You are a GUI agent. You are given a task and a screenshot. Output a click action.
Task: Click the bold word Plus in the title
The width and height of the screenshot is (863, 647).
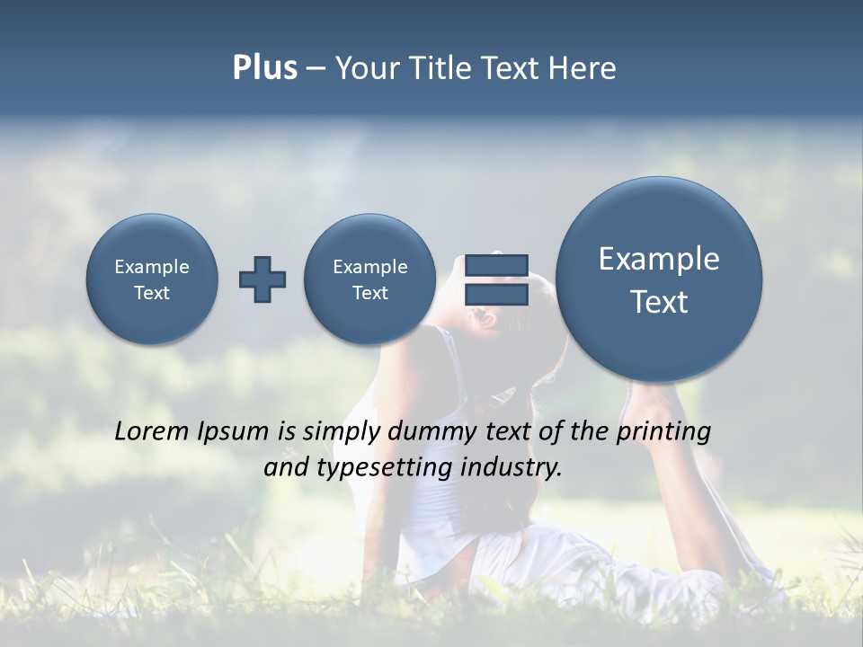tap(264, 68)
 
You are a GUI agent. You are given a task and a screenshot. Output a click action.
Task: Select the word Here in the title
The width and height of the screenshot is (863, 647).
tap(583, 68)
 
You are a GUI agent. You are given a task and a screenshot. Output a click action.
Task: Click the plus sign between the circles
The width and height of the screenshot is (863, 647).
tap(262, 279)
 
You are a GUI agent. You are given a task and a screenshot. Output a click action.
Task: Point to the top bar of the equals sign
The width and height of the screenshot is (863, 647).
tap(496, 265)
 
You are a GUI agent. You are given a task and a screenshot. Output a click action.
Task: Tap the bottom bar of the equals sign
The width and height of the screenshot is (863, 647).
tap(496, 295)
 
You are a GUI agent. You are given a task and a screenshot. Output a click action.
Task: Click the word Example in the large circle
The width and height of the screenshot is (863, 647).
tap(659, 259)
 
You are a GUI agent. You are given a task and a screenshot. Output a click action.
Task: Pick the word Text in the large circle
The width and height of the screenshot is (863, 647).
tap(659, 302)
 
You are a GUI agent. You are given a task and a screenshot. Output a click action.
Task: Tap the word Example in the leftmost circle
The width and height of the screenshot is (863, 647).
tap(152, 267)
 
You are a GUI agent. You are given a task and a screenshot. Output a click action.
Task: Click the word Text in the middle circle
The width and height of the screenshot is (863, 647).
tap(370, 293)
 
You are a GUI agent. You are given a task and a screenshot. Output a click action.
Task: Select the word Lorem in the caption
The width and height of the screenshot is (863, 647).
tap(153, 431)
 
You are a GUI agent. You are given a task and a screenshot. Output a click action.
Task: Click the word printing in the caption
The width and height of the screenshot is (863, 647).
tap(663, 431)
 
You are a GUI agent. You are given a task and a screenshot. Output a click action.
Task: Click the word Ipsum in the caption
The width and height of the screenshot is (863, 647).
tap(234, 431)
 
